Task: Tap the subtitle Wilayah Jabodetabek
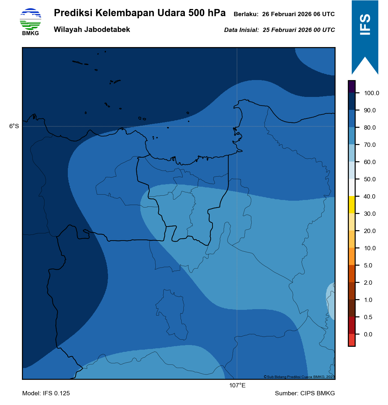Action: click(92, 30)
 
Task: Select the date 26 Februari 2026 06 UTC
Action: click(298, 14)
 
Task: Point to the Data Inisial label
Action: click(241, 30)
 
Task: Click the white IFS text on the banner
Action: click(365, 25)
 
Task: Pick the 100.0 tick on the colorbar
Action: click(371, 93)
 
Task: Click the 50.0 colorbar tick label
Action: click(370, 180)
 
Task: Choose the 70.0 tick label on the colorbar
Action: click(370, 145)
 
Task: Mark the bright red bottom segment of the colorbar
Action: click(352, 340)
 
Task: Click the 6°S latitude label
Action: click(14, 126)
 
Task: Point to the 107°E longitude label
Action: click(237, 386)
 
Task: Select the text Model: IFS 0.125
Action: click(46, 394)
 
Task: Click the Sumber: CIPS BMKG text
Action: click(305, 394)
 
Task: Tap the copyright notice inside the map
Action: click(299, 377)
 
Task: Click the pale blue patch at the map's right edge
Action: click(331, 300)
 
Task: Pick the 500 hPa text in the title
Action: click(207, 13)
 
